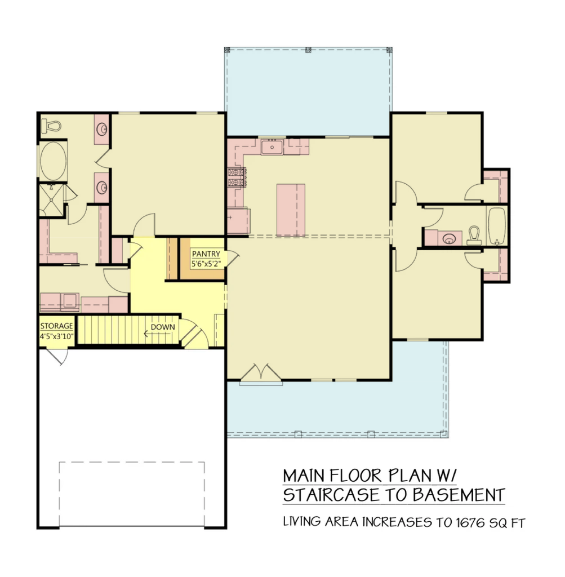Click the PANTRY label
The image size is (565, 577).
206,254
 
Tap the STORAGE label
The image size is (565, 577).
57,326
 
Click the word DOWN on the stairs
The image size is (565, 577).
163,327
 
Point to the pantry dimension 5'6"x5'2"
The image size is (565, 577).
206,264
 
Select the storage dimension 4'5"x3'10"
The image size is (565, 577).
57,336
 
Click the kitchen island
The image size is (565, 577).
291,210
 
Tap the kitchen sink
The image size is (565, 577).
272,148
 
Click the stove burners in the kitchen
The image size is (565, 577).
237,177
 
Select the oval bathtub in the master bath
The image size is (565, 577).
54,162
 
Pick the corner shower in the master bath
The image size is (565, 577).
51,200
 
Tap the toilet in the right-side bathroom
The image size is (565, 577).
474,236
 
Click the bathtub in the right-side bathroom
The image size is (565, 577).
497,225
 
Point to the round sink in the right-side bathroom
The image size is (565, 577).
449,239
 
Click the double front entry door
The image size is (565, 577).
261,374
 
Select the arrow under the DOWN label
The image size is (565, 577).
157,334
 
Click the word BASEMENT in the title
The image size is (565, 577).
459,495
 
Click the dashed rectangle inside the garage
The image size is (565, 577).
132,494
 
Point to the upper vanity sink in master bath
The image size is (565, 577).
102,129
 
